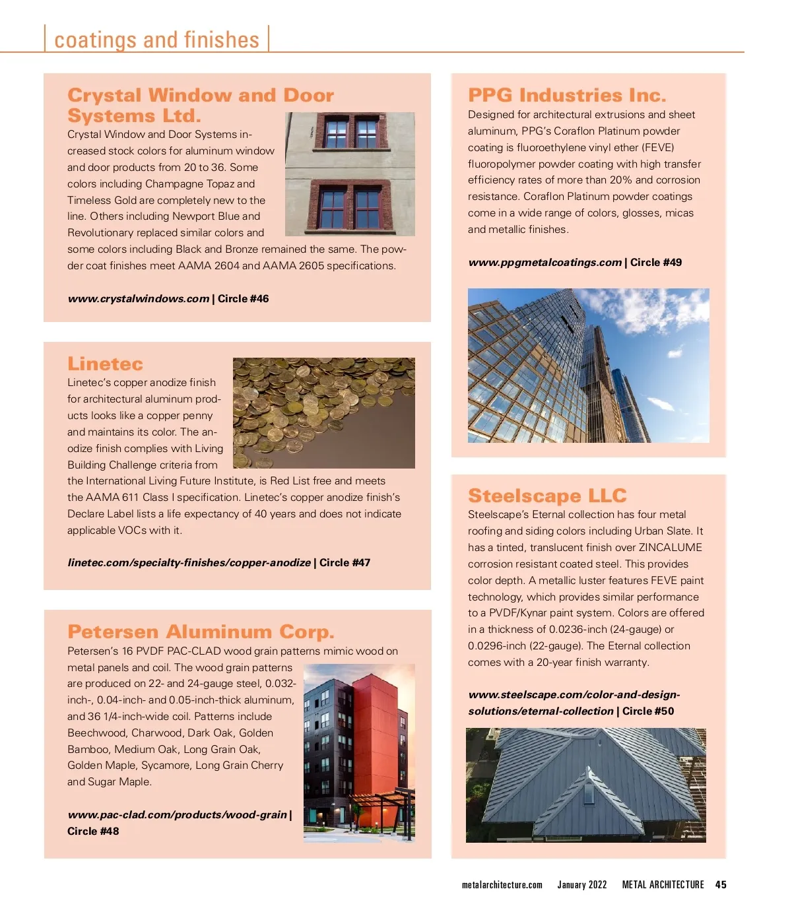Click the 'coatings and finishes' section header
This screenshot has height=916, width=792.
156,40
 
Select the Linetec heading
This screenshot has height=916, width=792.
105,364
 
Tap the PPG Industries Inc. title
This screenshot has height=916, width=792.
567,96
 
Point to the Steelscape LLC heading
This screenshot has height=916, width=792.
547,496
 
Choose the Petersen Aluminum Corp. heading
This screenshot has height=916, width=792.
201,632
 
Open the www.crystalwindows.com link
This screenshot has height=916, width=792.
139,299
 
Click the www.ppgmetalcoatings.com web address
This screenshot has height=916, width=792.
544,263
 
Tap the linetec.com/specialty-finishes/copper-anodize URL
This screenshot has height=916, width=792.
189,563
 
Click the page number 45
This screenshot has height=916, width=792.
721,885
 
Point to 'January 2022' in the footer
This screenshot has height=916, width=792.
581,885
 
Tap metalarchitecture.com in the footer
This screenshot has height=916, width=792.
502,885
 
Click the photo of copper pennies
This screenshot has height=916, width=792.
323,412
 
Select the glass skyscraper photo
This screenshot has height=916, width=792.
588,365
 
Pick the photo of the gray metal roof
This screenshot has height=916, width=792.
585,785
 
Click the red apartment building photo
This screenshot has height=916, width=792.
359,752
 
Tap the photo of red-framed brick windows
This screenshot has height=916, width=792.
350,174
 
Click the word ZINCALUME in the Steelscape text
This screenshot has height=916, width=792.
670,548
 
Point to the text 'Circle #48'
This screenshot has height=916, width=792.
93,832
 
